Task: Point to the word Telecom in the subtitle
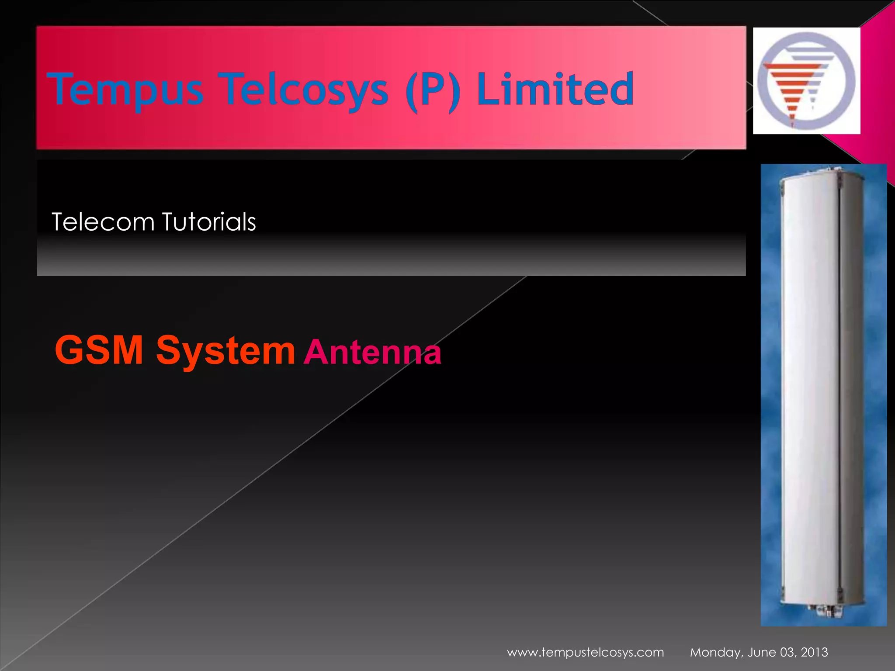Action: tap(103, 222)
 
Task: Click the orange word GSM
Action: tap(99, 350)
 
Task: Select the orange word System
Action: tap(225, 351)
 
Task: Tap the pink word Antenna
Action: tap(372, 352)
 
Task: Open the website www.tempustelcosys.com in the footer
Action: tap(585, 652)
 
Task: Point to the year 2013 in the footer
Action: tap(814, 652)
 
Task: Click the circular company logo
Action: tap(806, 81)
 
